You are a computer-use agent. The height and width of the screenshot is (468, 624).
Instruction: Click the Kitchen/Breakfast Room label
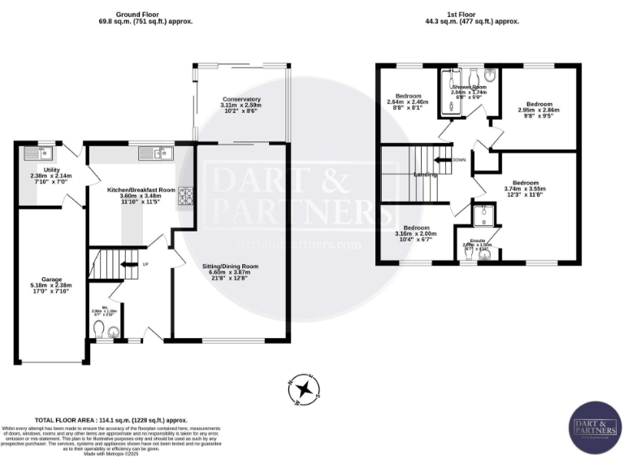pos(141,195)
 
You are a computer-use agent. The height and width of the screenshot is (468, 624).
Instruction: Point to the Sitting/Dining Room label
pos(230,271)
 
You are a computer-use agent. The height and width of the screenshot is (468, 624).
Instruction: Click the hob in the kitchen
pos(185,195)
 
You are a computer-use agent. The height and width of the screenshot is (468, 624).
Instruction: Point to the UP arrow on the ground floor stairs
pos(125,264)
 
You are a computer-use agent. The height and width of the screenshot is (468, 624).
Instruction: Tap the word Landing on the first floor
pos(425,175)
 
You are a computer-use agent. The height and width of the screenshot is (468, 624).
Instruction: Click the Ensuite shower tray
pos(485,216)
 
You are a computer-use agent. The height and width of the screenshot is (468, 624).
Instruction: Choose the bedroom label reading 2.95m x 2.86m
pos(539,110)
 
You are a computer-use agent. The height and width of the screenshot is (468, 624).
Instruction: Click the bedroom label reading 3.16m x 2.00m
pos(416,233)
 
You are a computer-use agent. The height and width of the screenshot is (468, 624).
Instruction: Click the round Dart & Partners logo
pos(594,429)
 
